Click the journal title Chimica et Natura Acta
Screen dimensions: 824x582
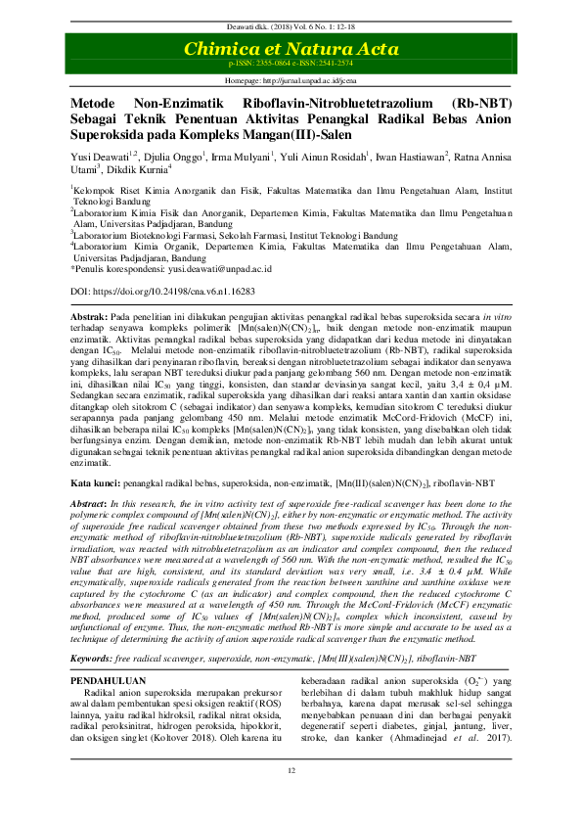click(291, 48)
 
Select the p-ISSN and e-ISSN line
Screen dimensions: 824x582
click(291, 63)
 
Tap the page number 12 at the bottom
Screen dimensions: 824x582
click(291, 800)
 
